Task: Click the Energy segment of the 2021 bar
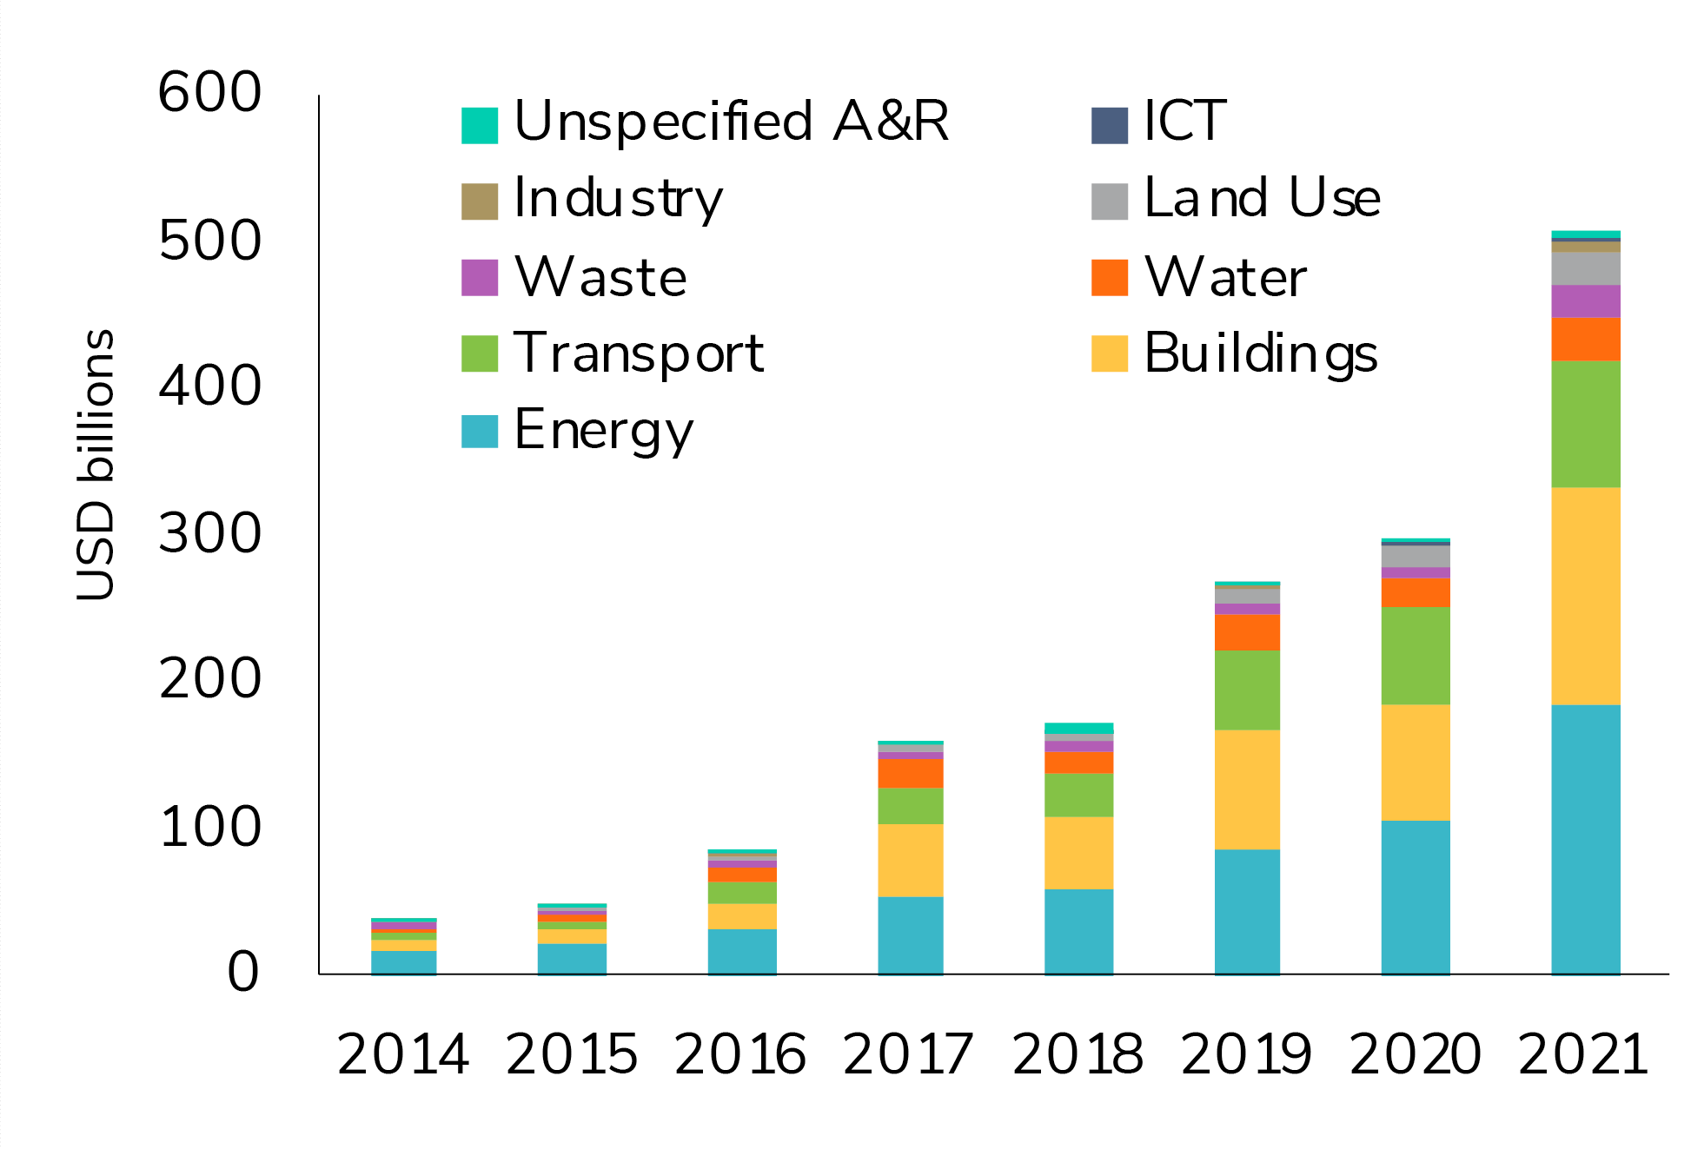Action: point(1585,838)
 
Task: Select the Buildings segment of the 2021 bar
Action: point(1585,596)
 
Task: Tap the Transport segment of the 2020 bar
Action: point(1415,656)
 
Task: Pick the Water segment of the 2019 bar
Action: point(1247,632)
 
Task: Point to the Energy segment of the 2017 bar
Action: point(910,935)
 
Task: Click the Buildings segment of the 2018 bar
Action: point(1078,853)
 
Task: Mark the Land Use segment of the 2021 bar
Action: point(1585,268)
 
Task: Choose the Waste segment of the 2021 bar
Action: point(1585,301)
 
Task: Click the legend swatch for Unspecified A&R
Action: point(479,125)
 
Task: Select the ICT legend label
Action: point(1184,122)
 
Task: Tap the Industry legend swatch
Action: point(479,201)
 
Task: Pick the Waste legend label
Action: point(600,278)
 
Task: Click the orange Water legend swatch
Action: point(1109,278)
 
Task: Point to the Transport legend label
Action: point(639,353)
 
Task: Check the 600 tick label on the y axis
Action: point(209,92)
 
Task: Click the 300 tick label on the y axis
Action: point(209,533)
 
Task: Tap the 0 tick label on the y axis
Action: point(242,972)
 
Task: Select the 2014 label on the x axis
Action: point(403,1055)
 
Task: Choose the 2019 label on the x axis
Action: point(1246,1055)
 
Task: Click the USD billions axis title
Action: point(96,465)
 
